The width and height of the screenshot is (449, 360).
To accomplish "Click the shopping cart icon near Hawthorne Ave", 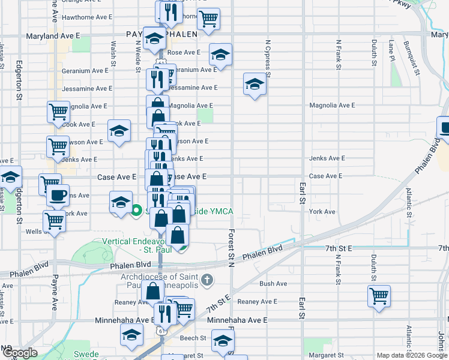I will point(208,19).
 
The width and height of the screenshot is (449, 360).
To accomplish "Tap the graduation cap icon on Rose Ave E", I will point(221,55).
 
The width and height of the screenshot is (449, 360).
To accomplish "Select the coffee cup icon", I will point(58,195).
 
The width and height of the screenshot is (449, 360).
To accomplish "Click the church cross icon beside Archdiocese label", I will point(206,280).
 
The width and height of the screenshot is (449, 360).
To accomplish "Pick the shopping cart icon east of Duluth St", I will point(379,295).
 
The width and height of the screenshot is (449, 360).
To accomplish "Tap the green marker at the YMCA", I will point(136,211).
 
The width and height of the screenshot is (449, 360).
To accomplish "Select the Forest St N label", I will point(231,246).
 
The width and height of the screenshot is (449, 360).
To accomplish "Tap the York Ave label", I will point(322,212).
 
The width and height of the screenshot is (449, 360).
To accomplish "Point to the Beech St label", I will point(193,338).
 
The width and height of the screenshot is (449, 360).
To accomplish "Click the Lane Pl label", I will point(391,52).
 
